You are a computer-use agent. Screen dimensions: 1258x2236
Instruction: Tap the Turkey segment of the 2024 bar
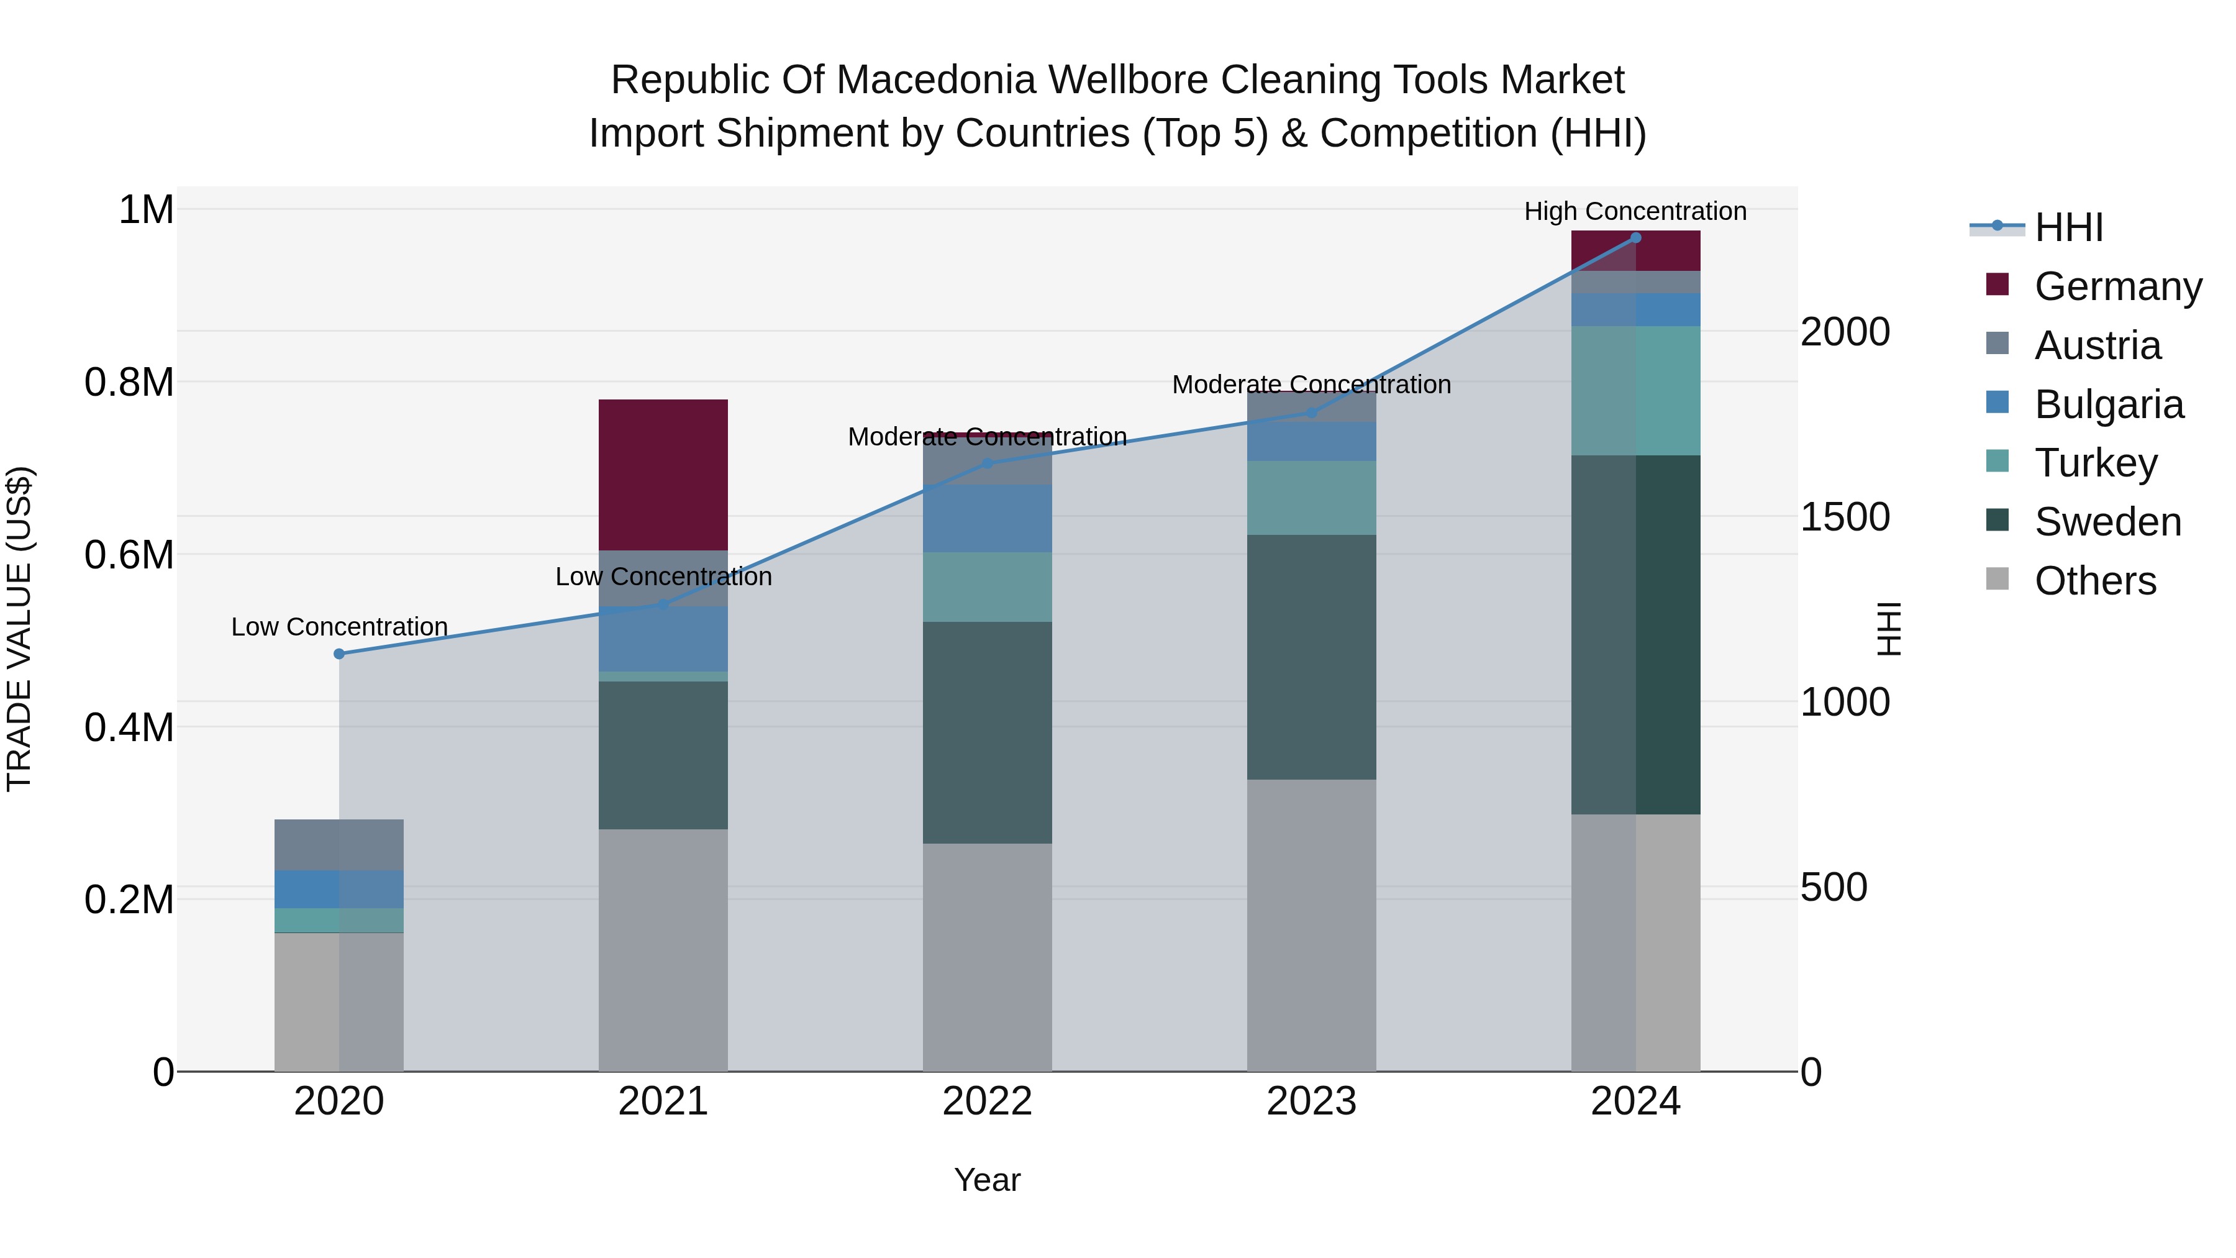click(x=1635, y=391)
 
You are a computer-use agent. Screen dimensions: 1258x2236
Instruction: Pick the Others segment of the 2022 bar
click(x=987, y=957)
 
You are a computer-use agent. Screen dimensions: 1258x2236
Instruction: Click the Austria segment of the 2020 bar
click(x=339, y=845)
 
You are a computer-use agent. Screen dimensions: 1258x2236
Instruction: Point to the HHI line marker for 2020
click(x=339, y=654)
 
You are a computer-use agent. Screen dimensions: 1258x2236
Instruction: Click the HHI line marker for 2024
click(x=1635, y=238)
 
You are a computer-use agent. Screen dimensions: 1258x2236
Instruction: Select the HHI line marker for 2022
click(x=987, y=463)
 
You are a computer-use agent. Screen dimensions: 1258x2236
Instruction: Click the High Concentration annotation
click(x=1635, y=212)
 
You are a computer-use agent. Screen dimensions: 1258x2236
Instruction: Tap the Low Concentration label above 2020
click(x=339, y=627)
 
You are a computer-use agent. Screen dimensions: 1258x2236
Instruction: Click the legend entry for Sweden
click(x=2107, y=522)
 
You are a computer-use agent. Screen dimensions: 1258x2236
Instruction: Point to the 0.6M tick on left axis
click(x=129, y=555)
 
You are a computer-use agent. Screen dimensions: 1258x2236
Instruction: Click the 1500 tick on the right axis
click(x=1845, y=517)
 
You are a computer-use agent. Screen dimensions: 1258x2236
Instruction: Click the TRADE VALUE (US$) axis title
click(x=19, y=629)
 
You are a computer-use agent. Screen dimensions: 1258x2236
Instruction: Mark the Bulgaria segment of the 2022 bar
click(x=987, y=518)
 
